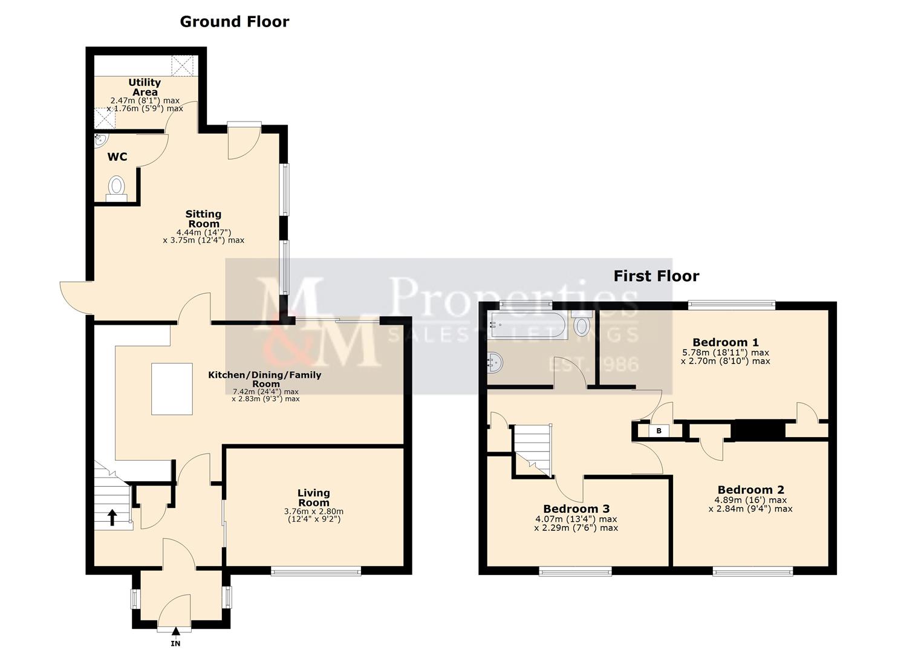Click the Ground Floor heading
pos(235,22)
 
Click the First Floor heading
pos(656,276)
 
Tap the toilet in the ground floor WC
pos(116,187)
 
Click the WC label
pos(117,157)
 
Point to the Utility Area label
pos(145,87)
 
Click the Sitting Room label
pos(203,218)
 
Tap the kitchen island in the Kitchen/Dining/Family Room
pos(172,389)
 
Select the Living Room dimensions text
pos(313,515)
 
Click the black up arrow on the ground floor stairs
pos(112,517)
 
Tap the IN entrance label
pos(175,644)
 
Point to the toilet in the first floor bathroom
pos(582,325)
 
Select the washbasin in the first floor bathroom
pos(495,363)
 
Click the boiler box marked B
pos(659,431)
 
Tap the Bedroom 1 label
pos(726,342)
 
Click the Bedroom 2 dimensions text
pos(750,504)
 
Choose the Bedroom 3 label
pos(576,508)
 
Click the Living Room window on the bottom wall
pos(316,570)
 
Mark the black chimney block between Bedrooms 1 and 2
pos(758,430)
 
